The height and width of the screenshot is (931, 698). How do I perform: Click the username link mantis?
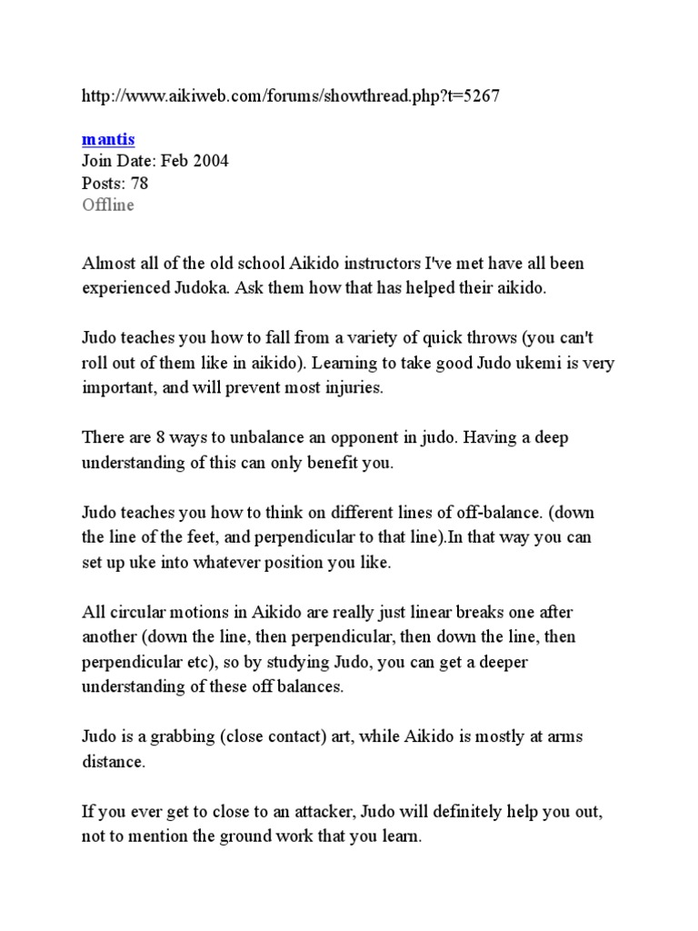click(x=108, y=139)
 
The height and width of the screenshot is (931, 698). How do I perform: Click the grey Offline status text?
click(x=108, y=205)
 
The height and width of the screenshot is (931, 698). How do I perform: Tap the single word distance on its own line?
click(x=113, y=761)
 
